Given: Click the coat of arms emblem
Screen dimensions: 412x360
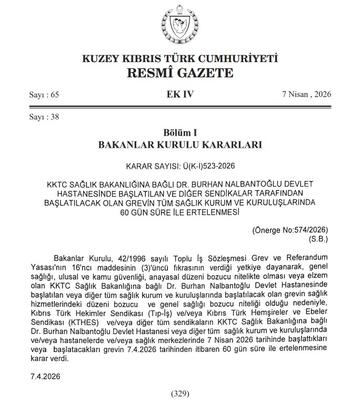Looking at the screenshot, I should point(179,25).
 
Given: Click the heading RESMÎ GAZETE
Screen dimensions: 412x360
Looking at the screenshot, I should point(179,72).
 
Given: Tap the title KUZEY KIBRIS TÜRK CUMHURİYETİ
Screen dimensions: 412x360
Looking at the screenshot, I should point(179,58).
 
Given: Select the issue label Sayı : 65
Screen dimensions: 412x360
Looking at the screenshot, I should point(45,95).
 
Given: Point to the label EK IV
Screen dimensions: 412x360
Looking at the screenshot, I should point(179,95).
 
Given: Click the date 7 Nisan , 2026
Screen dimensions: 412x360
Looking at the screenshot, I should point(306,95).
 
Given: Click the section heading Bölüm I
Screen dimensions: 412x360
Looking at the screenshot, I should point(179,131).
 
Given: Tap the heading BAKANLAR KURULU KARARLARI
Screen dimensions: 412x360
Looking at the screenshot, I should point(179,144).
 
